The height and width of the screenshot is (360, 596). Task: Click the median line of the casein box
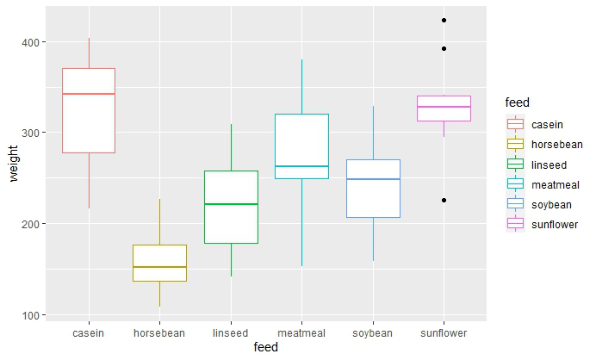point(89,93)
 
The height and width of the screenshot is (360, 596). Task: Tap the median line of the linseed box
point(231,204)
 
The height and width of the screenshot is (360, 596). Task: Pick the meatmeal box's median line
point(301,166)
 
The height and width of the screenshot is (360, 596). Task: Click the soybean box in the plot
point(373,198)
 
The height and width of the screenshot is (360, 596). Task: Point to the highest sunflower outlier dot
point(444,20)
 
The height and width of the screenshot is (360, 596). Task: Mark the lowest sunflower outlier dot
point(444,200)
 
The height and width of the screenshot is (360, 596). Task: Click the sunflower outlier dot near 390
point(444,48)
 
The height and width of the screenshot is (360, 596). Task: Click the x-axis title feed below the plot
point(266,348)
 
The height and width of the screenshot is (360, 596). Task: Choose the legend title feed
point(518,103)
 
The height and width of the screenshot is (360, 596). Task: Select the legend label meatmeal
point(556,183)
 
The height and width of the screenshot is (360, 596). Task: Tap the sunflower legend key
point(517,224)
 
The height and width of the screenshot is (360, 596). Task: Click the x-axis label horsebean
point(159,332)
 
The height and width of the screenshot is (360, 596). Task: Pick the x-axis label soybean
point(373,332)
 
